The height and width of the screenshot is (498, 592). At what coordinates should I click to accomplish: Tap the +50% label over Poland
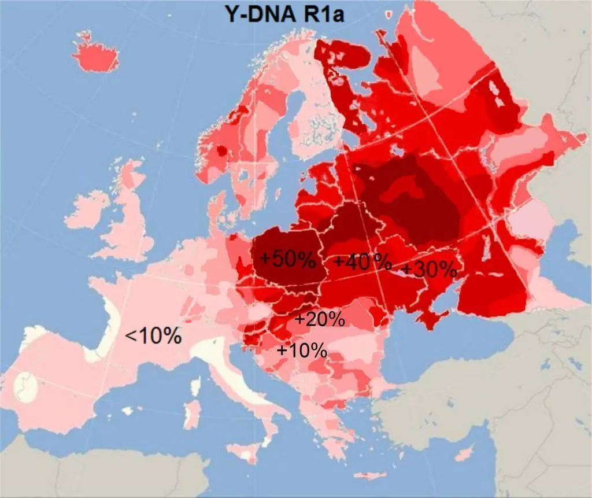click(287, 259)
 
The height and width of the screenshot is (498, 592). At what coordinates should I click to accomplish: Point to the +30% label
click(430, 269)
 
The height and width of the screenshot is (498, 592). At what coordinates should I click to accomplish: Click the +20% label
click(320, 319)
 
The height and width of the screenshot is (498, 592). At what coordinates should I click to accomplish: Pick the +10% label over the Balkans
click(302, 350)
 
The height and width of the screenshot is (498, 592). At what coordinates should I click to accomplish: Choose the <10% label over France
click(153, 335)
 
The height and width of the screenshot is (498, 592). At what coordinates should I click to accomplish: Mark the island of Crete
click(370, 475)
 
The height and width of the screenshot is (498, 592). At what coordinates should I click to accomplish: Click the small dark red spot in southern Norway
click(221, 152)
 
